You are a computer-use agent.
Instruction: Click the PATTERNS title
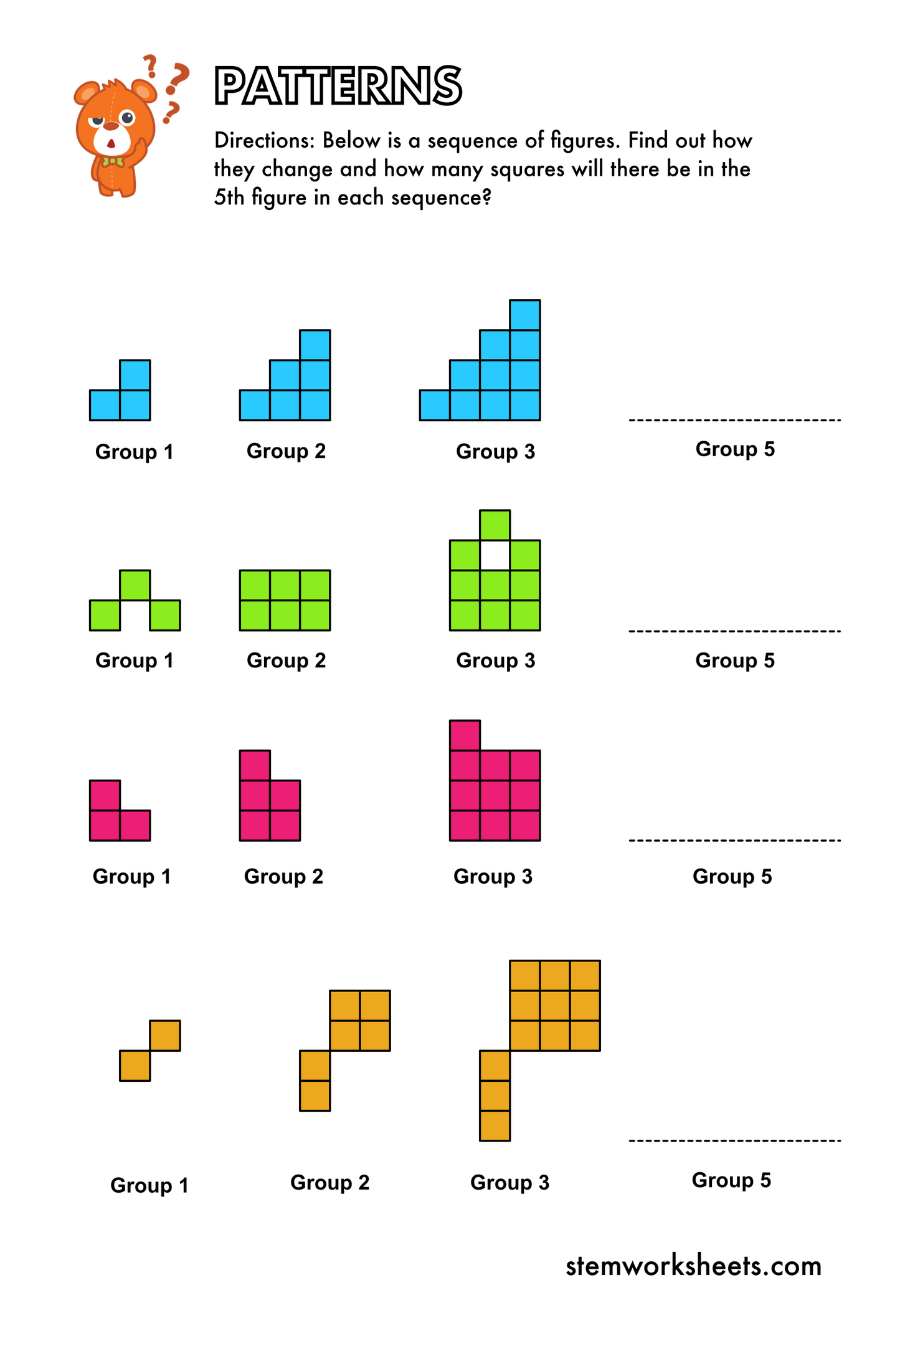(338, 86)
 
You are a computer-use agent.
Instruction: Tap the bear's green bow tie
(113, 161)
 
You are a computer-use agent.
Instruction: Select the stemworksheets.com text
(693, 1266)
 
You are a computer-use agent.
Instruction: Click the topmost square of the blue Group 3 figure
(524, 315)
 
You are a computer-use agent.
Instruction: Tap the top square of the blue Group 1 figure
(135, 375)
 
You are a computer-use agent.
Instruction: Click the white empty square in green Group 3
(495, 555)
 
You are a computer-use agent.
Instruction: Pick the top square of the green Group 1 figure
(135, 585)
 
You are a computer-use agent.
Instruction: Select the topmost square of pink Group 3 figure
(465, 735)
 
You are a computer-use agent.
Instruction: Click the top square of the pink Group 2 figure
(255, 765)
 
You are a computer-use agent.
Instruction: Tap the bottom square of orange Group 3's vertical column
(495, 1125)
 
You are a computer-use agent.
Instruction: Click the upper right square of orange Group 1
(165, 1036)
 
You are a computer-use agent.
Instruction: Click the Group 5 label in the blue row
(735, 449)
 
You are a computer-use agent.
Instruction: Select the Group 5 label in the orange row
(731, 1180)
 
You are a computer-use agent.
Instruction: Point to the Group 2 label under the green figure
(286, 661)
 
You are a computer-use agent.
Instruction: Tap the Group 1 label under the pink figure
(131, 877)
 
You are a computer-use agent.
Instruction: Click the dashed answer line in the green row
(735, 631)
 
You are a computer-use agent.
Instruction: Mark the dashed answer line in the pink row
(735, 841)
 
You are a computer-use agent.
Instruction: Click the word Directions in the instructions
(264, 141)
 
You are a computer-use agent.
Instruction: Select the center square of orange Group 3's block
(554, 1005)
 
